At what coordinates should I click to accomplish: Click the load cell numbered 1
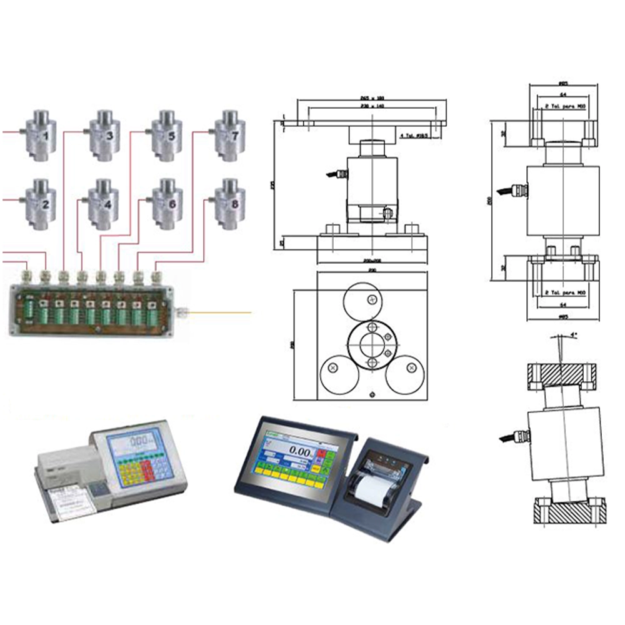tap(41, 134)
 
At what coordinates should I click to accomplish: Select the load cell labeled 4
tap(104, 202)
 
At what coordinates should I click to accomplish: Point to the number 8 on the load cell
tap(234, 204)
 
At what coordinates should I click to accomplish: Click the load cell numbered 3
tap(104, 134)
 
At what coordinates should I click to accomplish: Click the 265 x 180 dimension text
tap(372, 98)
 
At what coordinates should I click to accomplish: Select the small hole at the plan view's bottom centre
tap(372, 394)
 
